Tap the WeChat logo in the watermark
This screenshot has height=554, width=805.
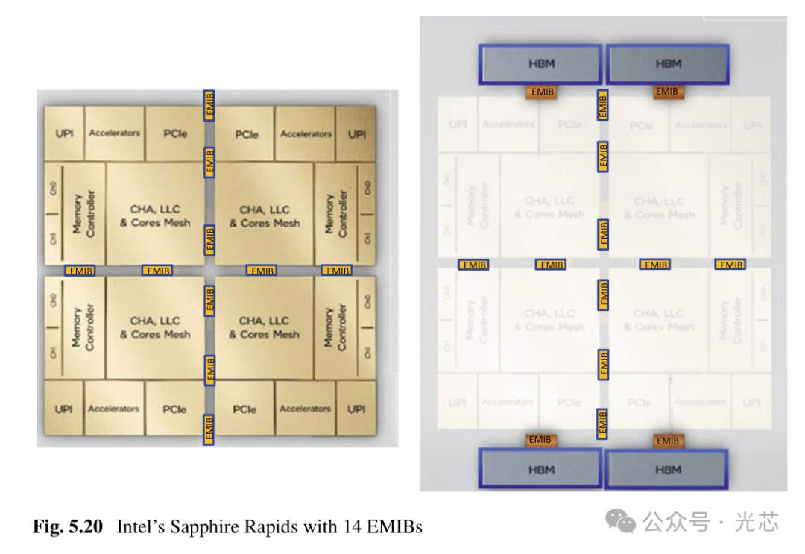(622, 522)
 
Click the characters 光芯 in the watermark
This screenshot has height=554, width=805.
(757, 522)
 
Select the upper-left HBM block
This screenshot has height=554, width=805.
(540, 64)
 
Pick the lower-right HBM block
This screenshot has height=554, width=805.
(668, 470)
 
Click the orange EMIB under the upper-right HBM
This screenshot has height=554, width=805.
(666, 92)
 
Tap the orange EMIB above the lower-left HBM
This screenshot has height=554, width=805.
(539, 440)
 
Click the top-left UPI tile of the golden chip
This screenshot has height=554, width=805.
(64, 133)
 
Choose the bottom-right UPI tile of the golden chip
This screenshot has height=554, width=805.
(356, 409)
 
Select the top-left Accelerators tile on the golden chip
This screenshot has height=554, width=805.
(114, 133)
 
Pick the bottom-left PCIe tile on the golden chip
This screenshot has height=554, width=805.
(174, 409)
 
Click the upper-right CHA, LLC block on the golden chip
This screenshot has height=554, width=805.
(265, 216)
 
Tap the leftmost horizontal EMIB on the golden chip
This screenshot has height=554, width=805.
(80, 271)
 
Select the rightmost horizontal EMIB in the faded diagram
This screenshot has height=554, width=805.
(730, 265)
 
